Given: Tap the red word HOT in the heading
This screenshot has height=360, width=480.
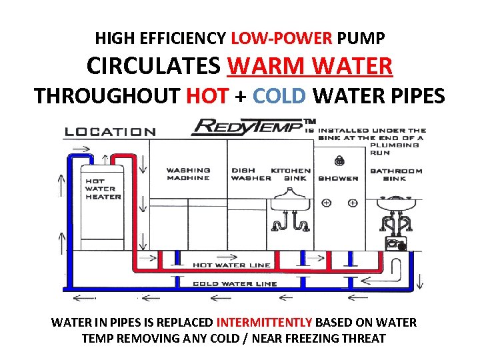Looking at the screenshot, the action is tap(207, 96).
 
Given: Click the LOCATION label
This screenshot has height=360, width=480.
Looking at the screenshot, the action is tap(110, 132).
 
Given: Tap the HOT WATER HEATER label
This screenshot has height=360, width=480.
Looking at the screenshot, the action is tap(103, 189).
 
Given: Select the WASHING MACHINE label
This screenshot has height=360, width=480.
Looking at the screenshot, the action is tap(188, 174).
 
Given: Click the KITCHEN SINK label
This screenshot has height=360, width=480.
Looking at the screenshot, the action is tap(291, 174).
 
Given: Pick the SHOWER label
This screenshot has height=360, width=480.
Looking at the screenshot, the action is tap(338, 178).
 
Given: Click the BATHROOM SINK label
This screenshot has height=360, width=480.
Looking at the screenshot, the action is tap(396, 174).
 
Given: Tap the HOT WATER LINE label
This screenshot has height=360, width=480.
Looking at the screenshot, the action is tap(231, 265).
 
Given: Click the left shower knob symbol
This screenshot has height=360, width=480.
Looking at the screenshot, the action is tap(326, 203).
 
